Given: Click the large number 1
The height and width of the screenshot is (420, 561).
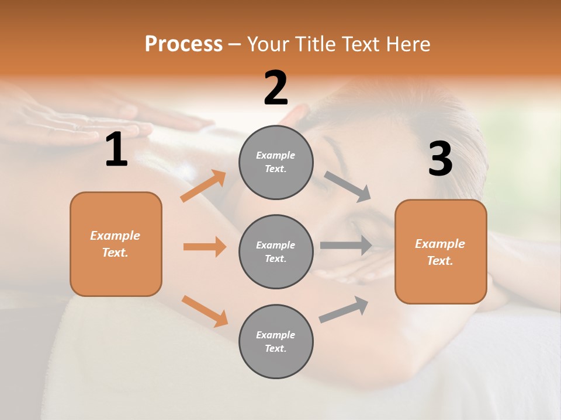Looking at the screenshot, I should pyautogui.click(x=116, y=150).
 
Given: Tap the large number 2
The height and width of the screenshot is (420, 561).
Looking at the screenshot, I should pyautogui.click(x=276, y=88).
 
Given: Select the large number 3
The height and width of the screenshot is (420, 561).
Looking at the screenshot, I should pyautogui.click(x=440, y=159).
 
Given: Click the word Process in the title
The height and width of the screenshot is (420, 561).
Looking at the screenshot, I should pyautogui.click(x=183, y=44).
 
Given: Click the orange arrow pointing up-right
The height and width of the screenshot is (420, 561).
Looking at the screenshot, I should pyautogui.click(x=203, y=186).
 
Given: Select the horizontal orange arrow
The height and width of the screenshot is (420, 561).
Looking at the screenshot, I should pyautogui.click(x=205, y=247).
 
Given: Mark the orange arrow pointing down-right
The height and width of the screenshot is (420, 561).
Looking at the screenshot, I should pyautogui.click(x=205, y=311).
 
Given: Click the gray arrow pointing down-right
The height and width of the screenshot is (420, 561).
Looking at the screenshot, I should pyautogui.click(x=348, y=187).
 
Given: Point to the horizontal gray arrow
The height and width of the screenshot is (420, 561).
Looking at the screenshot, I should pyautogui.click(x=346, y=246).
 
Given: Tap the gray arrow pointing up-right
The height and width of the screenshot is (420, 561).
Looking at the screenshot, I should pyautogui.click(x=344, y=309).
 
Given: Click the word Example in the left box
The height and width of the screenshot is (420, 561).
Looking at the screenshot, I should pyautogui.click(x=115, y=236).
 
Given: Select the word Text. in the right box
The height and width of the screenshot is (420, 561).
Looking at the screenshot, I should pyautogui.click(x=440, y=261).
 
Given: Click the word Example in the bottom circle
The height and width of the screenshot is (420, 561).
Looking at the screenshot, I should pyautogui.click(x=276, y=335).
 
